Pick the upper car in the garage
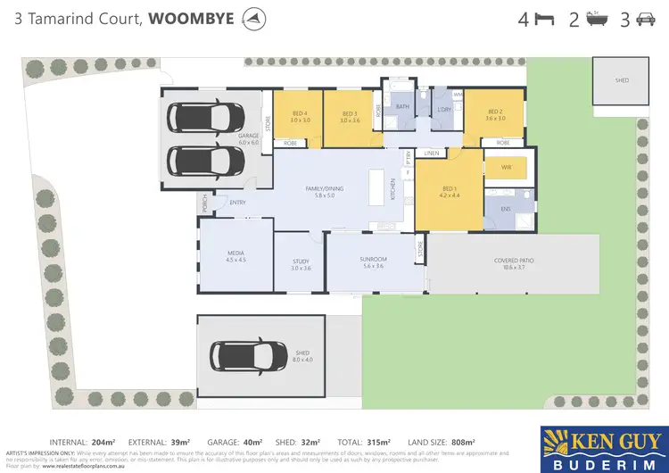tap(206, 117)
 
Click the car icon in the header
tap(645, 20)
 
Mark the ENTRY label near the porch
tap(237, 203)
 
